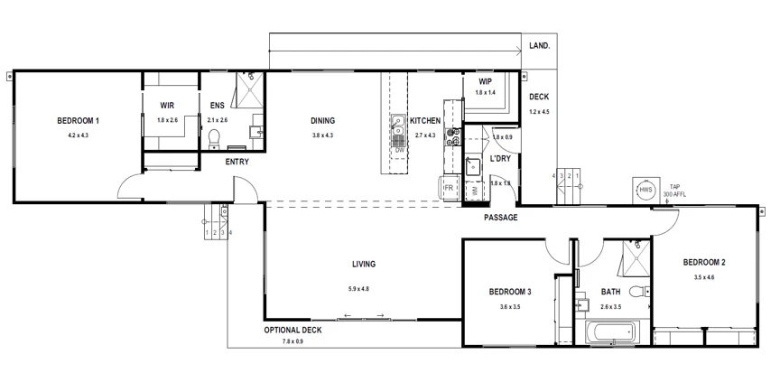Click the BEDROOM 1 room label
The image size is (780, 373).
(x=78, y=121)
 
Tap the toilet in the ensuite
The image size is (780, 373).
(x=215, y=137)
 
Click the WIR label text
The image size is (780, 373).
(x=167, y=105)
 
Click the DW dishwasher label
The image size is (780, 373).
(x=399, y=149)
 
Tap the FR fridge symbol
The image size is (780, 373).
(x=449, y=188)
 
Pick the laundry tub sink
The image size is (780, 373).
(x=473, y=166)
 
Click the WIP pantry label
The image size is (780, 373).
(x=485, y=80)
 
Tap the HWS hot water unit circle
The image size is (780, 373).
(x=645, y=191)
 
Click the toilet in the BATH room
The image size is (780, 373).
(x=638, y=291)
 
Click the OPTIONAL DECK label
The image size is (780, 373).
(x=292, y=331)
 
